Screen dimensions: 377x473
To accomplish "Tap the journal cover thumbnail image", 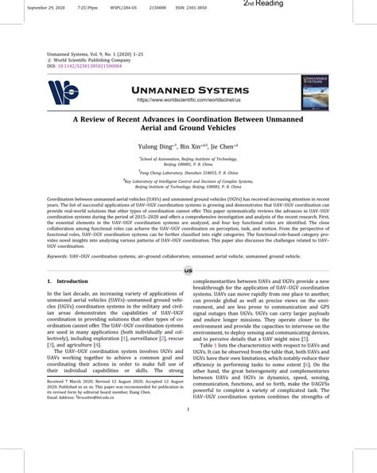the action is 316,93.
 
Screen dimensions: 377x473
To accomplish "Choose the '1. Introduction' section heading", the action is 68,281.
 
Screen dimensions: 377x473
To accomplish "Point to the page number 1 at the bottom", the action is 188,432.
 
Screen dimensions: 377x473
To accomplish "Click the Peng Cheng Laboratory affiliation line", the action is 188,172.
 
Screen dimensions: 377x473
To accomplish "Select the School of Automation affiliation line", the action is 188,158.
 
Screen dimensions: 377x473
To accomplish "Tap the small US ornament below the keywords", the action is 188,270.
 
